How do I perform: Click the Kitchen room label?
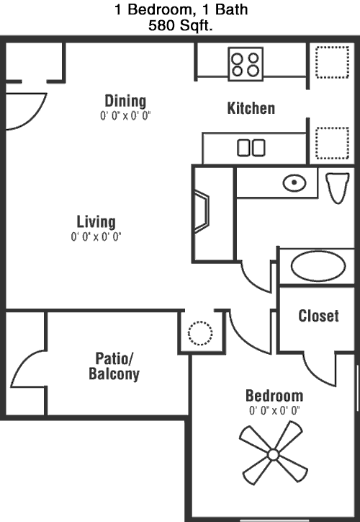coord(251,108)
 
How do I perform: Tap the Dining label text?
coord(125,101)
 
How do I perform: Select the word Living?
coord(96,222)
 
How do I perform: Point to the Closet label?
coord(318,316)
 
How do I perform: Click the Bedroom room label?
coord(274,396)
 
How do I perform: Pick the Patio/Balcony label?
coord(114,366)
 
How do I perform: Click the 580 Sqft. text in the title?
coord(180,26)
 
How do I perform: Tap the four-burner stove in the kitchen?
coord(246,64)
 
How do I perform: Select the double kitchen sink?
coord(251,148)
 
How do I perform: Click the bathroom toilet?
coord(338,187)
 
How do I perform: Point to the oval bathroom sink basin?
coord(294,182)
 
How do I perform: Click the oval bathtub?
coord(318,266)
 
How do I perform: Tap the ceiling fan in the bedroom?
coord(274,454)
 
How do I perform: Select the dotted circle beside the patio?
coord(200,333)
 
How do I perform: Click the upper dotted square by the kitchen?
coord(332,63)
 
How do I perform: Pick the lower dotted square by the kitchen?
coord(332,143)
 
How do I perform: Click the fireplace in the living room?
coord(202,211)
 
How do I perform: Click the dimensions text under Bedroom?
coord(274,411)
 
